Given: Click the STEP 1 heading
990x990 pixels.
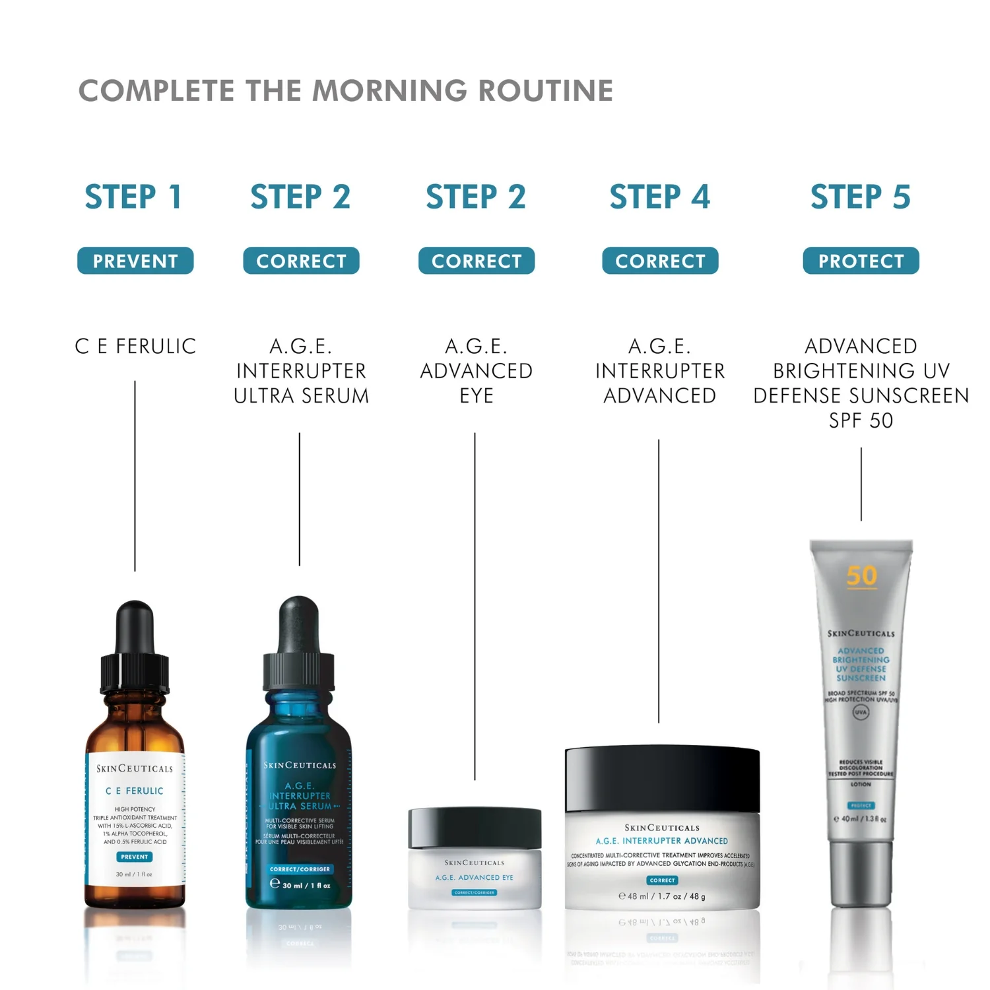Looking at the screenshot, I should pos(133,197).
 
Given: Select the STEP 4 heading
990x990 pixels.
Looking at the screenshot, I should pos(659,197).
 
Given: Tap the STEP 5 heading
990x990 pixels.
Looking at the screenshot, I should pos(861,197).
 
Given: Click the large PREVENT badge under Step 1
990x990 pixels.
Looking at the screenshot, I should pos(135,261).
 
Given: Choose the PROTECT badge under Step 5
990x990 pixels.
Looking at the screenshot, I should pos(861,261).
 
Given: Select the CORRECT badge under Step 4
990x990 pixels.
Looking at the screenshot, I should pos(660,261).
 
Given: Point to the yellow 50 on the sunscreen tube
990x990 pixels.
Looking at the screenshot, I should pos(862,576).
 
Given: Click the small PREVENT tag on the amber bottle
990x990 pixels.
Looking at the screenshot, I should pos(135,857).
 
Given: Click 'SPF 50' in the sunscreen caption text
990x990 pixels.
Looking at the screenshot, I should pos(861,420).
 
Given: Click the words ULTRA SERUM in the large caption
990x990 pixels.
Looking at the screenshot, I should pos(301,396).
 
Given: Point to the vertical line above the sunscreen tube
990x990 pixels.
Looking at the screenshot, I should pos(861,484).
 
